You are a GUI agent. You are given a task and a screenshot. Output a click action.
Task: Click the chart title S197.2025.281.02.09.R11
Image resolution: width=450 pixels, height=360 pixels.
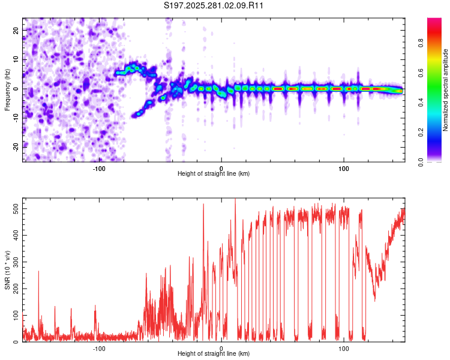[x=214, y=5]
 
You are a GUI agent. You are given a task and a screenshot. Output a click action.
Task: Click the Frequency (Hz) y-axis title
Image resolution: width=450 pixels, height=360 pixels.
[x=7, y=89]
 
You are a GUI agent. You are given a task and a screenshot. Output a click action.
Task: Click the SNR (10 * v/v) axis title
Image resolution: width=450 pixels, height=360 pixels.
[x=7, y=269]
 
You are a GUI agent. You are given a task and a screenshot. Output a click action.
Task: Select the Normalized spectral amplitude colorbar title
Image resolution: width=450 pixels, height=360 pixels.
[x=446, y=89]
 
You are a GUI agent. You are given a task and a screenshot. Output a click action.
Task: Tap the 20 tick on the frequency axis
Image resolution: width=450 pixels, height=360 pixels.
[x=17, y=30]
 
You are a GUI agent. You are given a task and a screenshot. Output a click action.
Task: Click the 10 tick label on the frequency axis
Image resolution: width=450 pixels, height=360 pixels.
[x=17, y=59]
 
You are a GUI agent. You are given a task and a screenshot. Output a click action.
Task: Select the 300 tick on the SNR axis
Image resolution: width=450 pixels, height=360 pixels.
[x=14, y=262]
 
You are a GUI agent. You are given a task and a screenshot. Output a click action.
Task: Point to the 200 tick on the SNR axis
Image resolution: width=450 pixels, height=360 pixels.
[x=14, y=289]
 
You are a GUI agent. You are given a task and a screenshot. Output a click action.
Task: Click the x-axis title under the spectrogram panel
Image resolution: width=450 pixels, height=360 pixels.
[x=214, y=173]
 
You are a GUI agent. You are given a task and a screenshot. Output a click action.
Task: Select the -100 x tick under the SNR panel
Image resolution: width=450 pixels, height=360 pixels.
[x=99, y=349]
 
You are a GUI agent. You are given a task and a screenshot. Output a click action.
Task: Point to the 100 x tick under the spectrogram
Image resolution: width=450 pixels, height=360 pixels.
[x=344, y=168]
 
